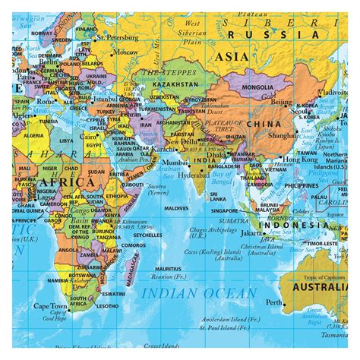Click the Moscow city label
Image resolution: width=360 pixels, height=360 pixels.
(x=127, y=52)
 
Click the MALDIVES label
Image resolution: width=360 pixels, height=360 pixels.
(x=176, y=207)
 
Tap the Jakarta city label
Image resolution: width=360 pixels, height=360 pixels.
(x=248, y=233)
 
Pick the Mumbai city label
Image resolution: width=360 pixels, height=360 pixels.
(x=175, y=162)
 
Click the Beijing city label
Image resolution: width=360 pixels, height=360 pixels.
(x=282, y=101)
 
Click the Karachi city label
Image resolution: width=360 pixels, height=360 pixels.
(x=163, y=149)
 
